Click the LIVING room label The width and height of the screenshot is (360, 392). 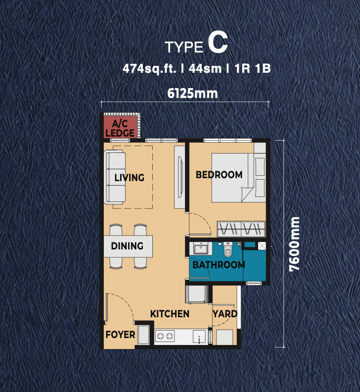(130, 178)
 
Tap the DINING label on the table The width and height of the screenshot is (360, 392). (127, 246)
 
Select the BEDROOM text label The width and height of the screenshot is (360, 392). (219, 175)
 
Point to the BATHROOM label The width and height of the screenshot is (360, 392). (219, 265)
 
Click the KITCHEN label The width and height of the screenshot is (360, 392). (170, 314)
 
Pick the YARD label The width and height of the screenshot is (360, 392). (225, 314)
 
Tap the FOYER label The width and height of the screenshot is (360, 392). (121, 335)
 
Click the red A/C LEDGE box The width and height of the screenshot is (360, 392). (121, 127)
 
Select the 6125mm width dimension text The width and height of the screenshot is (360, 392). (192, 93)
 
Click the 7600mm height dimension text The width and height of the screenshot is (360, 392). (294, 244)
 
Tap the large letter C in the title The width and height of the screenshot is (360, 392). (218, 43)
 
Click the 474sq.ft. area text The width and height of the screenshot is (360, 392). (149, 68)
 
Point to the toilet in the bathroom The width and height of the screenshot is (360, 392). (227, 249)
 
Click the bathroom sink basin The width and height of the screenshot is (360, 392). (200, 249)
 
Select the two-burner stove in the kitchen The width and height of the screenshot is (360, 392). (165, 336)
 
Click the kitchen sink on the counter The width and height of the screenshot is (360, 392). (199, 337)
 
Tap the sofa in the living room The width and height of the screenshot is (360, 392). (115, 177)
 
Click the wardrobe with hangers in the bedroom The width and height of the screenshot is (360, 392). (241, 229)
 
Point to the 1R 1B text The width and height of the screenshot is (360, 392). (253, 68)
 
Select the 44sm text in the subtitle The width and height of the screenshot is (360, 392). (205, 68)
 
